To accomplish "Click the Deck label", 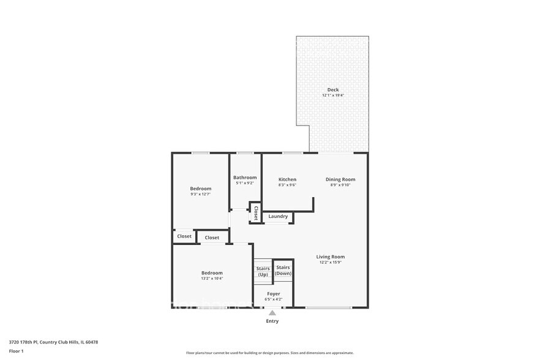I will (x=332, y=90).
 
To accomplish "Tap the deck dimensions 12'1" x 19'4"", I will (x=332, y=96).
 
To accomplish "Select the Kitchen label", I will (x=287, y=179).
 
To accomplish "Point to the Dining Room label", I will (x=340, y=179).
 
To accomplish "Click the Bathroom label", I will (x=245, y=178).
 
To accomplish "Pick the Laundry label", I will (x=278, y=216).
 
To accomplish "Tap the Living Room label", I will (x=331, y=257).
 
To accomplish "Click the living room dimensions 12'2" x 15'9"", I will (x=331, y=263).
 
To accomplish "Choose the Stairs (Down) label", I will (x=283, y=270).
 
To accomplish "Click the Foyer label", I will (x=274, y=294).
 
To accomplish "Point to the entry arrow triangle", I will (x=272, y=313).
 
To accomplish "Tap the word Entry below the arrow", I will (x=272, y=321).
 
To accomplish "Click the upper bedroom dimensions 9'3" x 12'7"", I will (x=200, y=194).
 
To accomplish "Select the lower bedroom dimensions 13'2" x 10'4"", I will (x=212, y=278).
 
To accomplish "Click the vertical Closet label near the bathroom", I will (x=256, y=212).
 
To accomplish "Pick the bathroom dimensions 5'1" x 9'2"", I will (x=245, y=183).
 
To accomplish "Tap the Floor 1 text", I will (x=16, y=351).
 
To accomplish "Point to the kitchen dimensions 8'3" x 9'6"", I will (x=287, y=185).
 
